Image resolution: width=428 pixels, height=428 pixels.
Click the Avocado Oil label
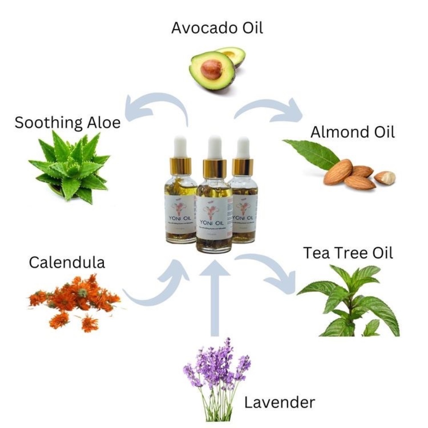tap(217, 28)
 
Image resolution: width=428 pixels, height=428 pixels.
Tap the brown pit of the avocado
tap(211, 69)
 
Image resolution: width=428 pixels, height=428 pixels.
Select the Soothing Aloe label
tap(67, 123)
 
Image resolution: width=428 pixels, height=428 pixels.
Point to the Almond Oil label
tap(352, 132)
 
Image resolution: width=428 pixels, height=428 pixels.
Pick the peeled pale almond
tap(385, 178)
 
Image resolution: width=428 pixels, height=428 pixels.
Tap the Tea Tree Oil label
tap(348, 253)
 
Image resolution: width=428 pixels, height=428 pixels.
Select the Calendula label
tap(67, 262)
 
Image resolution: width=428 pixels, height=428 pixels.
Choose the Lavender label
tap(279, 402)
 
